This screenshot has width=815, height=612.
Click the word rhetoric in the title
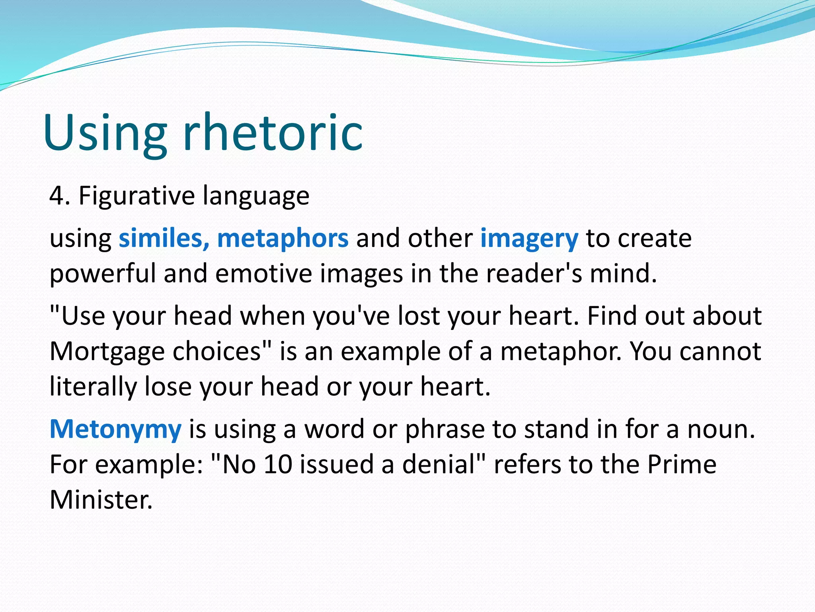pyautogui.click(x=273, y=133)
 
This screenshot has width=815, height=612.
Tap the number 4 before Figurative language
pyautogui.click(x=56, y=196)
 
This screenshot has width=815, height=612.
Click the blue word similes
pyautogui.click(x=164, y=238)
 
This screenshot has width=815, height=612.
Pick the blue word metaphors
pyautogui.click(x=283, y=238)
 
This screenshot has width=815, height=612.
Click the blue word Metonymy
pyautogui.click(x=115, y=430)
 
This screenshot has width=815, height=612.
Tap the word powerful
pyautogui.click(x=103, y=274)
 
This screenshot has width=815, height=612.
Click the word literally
pyautogui.click(x=93, y=386)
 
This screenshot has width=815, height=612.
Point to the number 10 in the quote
pyautogui.click(x=278, y=464)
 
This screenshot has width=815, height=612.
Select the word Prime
pyautogui.click(x=681, y=464)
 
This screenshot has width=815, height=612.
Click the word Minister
pyautogui.click(x=101, y=500)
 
